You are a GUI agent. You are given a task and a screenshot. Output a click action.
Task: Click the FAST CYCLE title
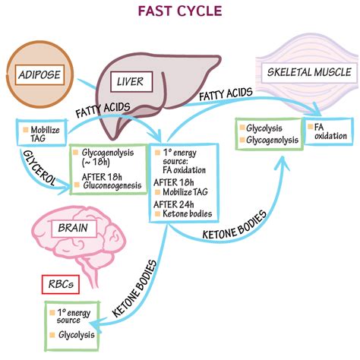tap(179, 12)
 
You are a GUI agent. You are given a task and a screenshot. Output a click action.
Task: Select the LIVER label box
tap(134, 81)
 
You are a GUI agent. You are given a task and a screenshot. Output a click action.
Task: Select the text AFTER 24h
tap(178, 203)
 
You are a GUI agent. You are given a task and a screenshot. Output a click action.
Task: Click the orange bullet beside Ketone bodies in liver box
tap(156, 214)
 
